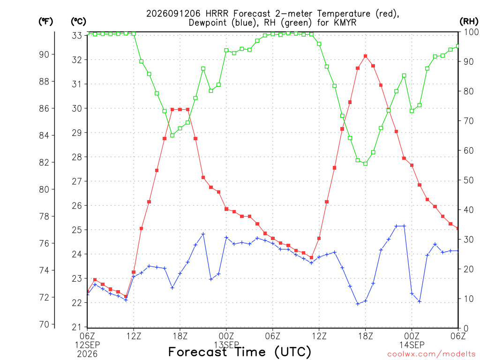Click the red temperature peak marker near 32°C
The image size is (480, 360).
coord(366,56)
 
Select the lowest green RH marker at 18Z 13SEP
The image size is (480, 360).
coord(366,164)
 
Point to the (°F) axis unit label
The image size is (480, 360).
coord(46,22)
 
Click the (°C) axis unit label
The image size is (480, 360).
coord(78,22)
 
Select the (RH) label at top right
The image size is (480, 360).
coord(469,22)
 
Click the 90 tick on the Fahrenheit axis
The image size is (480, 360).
coord(44,54)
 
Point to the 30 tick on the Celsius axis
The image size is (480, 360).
coord(77,108)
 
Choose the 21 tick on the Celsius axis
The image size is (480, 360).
coord(77,327)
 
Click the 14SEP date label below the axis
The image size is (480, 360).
coord(412,345)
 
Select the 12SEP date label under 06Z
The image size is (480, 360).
coord(88,345)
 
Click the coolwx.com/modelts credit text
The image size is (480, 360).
coord(431,354)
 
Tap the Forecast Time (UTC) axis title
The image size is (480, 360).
coord(240,352)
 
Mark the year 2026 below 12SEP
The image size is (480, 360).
coord(87,354)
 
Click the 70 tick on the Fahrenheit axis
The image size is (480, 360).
coord(44,324)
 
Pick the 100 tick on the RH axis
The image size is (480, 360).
coord(471,32)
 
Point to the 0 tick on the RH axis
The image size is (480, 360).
coord(466,329)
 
